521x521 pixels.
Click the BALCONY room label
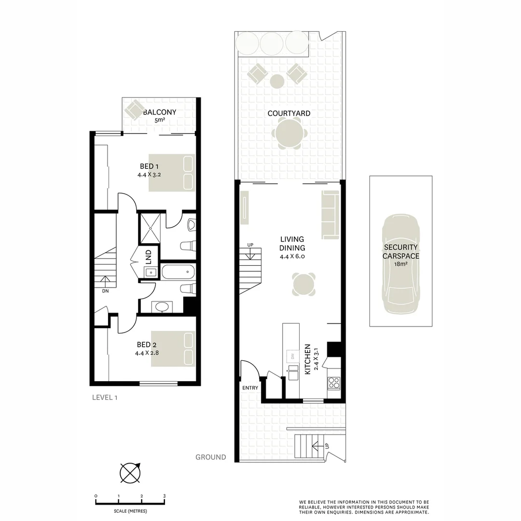(x=160, y=112)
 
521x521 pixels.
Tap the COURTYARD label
(x=289, y=113)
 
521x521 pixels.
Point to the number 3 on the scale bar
(x=165, y=496)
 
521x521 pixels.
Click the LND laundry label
(x=149, y=255)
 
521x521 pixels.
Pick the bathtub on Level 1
(x=178, y=272)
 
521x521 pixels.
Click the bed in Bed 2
(x=173, y=348)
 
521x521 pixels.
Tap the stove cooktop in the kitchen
(x=334, y=383)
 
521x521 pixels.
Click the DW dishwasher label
(x=292, y=357)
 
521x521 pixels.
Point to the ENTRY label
(x=250, y=388)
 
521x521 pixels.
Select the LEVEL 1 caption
(x=105, y=398)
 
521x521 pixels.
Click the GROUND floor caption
(x=210, y=457)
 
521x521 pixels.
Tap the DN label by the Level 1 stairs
(x=105, y=291)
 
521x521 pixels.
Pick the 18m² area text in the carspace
(x=400, y=264)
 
